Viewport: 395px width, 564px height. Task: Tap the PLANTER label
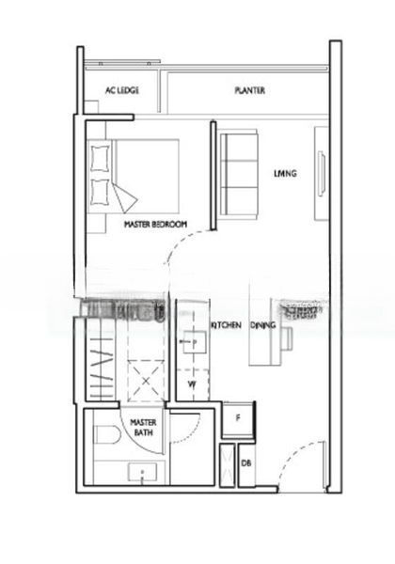(249, 91)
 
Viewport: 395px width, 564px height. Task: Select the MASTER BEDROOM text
(155, 225)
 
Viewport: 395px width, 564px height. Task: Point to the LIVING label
(285, 173)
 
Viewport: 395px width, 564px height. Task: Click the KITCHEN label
(226, 324)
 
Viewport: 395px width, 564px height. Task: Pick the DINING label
(263, 324)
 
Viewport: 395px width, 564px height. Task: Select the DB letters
(245, 463)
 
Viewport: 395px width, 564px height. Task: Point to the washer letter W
(191, 384)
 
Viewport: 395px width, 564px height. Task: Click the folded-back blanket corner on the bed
(125, 196)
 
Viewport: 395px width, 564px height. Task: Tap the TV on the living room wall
(321, 173)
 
